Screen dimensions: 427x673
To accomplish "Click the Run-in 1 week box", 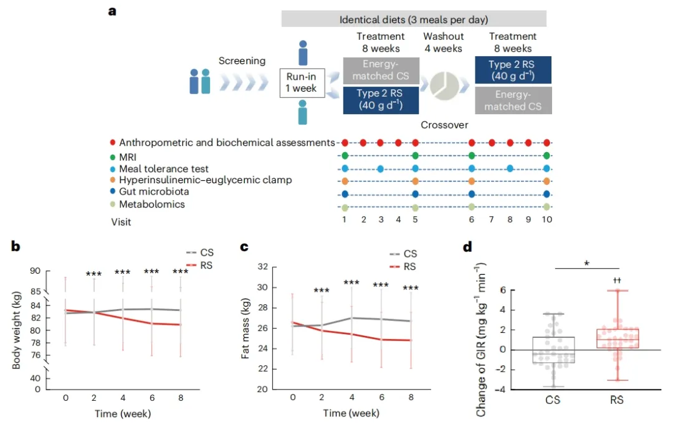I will [302, 82].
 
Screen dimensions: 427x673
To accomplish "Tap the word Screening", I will [242, 61].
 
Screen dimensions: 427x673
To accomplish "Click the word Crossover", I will [444, 125].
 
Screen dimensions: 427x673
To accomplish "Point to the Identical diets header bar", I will [414, 19].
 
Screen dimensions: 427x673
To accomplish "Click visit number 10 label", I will [547, 219].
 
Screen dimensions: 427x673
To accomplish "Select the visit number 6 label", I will [472, 219].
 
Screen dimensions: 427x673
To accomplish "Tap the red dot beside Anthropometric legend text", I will [113, 143].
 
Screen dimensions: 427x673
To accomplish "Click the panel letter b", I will [16, 246].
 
